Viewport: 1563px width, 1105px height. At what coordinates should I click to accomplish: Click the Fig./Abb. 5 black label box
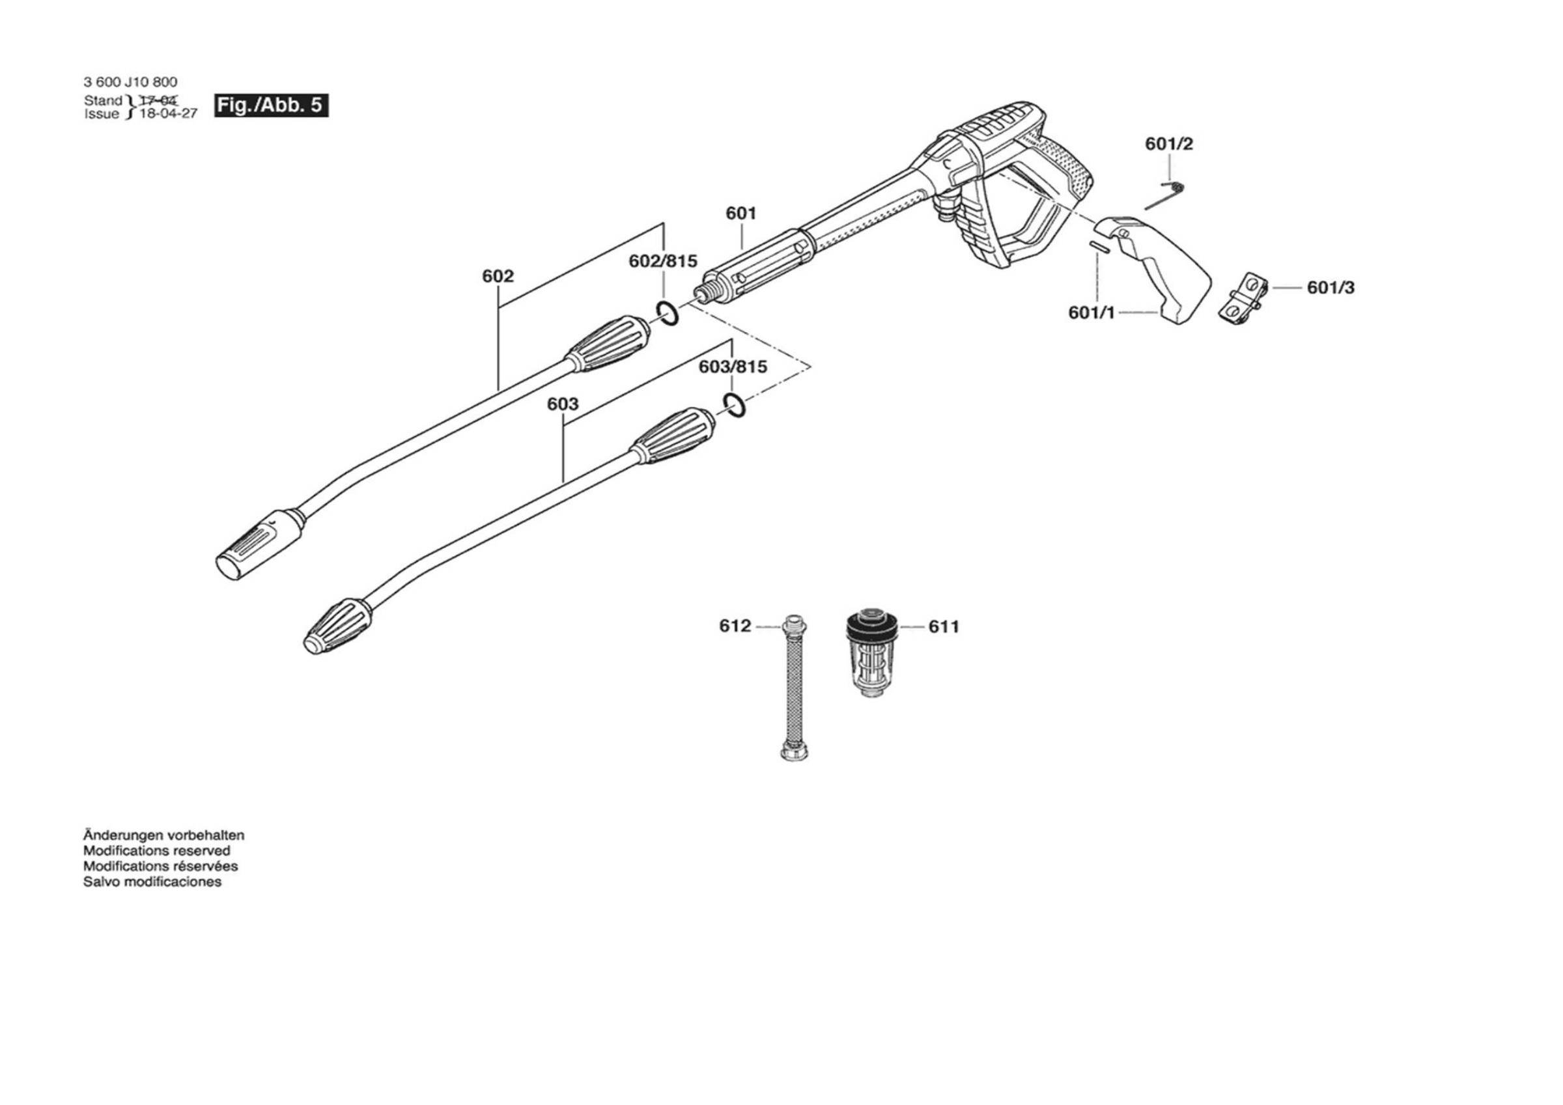click(271, 105)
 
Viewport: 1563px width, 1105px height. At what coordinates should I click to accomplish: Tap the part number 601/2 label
click(1169, 144)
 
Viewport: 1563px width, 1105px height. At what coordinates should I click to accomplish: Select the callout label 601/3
click(1331, 287)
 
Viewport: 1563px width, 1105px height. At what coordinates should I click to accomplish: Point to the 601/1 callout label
click(1092, 313)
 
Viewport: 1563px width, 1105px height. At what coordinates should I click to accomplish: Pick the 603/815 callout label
click(733, 367)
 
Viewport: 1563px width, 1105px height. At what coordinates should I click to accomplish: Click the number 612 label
click(735, 626)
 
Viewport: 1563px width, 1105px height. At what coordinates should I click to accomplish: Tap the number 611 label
click(944, 626)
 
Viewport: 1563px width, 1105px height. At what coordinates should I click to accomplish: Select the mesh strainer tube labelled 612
click(793, 688)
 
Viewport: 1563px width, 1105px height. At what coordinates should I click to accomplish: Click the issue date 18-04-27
click(168, 114)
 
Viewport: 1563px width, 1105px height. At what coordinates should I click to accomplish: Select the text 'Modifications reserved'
click(156, 850)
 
